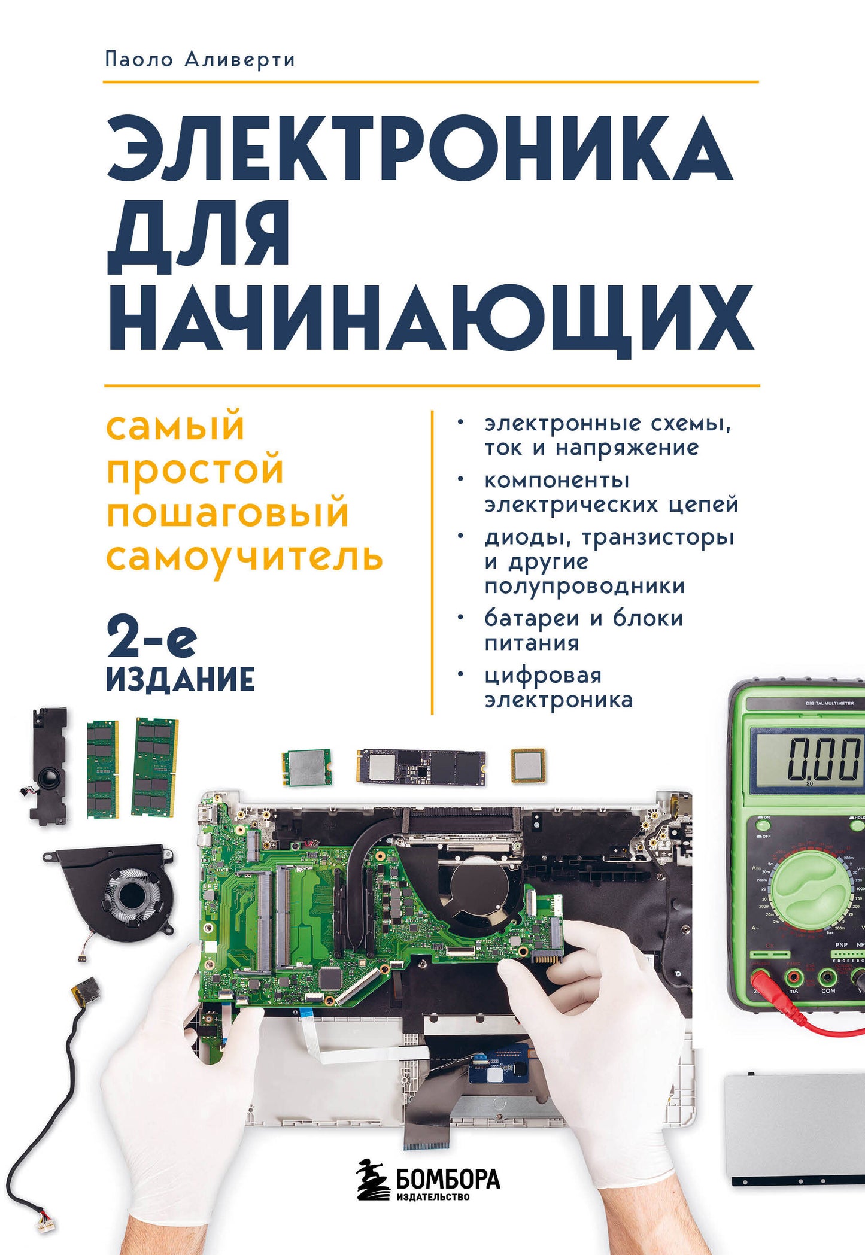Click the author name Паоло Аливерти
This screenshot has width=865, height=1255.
(x=199, y=60)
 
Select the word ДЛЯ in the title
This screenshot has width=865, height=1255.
(x=199, y=235)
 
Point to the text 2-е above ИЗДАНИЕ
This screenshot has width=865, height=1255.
(x=151, y=639)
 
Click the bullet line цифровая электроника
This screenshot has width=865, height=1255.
(x=558, y=688)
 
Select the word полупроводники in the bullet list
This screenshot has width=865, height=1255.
(x=584, y=585)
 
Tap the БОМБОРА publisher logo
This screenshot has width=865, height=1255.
(x=429, y=1179)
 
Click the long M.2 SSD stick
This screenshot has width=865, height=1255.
(x=421, y=765)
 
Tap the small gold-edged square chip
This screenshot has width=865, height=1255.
(x=527, y=765)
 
